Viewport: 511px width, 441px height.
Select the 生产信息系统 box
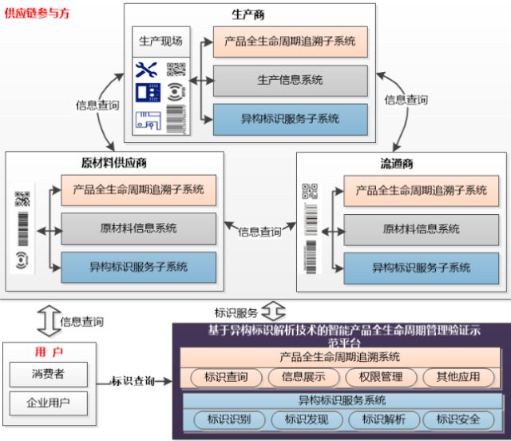290,80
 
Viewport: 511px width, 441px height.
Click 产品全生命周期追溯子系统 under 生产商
290,41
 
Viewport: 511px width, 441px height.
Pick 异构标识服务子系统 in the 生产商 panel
290,118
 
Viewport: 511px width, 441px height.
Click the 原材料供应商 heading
114,162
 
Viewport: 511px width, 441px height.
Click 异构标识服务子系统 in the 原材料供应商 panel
138,267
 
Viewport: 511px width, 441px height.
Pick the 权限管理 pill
375,377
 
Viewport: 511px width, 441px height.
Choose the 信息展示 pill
298,377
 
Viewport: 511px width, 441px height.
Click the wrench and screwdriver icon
148,70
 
